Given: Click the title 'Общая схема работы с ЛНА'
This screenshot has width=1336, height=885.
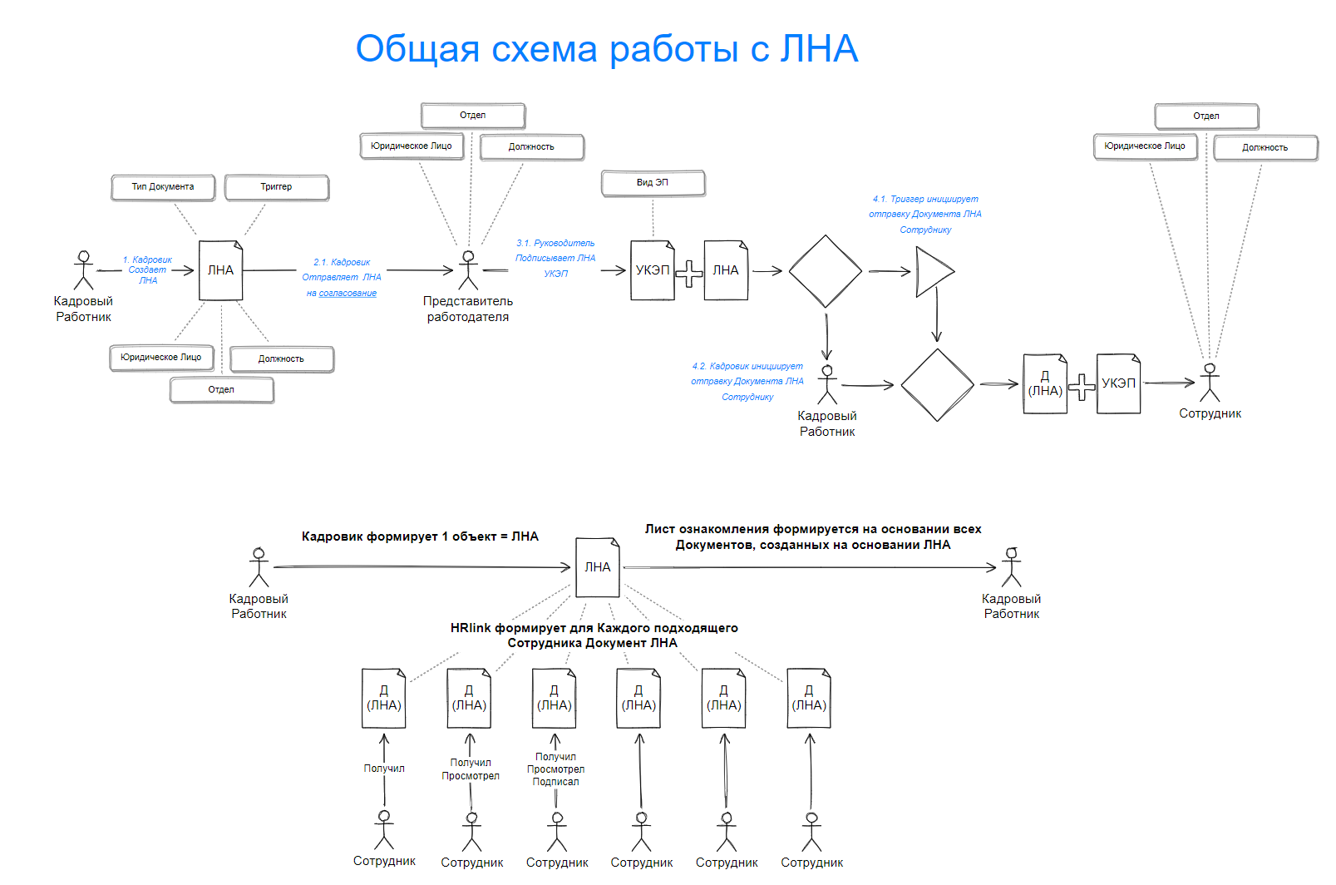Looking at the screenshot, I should [x=606, y=49].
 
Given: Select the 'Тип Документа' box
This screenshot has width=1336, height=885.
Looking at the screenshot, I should [x=163, y=187].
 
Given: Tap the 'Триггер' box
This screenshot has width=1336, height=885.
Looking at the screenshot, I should [x=276, y=187].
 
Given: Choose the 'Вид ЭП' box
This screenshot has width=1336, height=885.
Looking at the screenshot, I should [x=653, y=183].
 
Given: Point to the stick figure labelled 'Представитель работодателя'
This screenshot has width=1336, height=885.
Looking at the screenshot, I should [x=469, y=269].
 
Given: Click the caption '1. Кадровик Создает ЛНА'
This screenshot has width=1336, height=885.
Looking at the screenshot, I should [x=148, y=270].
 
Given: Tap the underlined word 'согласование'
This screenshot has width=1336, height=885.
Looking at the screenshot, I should [x=348, y=294].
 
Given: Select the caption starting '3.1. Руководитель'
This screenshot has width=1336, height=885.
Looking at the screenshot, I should [x=555, y=258].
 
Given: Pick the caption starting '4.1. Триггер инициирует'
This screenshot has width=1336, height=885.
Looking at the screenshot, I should [x=925, y=215].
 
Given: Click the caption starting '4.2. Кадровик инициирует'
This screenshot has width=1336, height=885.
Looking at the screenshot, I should [x=747, y=382].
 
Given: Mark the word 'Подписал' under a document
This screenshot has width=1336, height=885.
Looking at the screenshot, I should [x=555, y=782].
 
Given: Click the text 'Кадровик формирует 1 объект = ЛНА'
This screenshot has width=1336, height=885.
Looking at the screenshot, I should [x=420, y=536].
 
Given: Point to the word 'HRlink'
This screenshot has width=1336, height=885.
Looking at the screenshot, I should [x=471, y=628].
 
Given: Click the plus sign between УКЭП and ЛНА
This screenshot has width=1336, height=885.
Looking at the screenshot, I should [x=688, y=274].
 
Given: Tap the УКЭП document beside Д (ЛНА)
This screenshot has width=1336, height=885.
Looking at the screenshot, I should [x=1118, y=383].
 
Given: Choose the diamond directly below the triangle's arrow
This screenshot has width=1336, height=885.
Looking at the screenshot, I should [x=937, y=384].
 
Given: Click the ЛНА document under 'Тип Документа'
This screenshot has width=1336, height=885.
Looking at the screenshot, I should [x=220, y=270].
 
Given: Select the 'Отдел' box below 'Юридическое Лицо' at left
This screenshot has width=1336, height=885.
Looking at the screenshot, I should [x=221, y=390].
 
